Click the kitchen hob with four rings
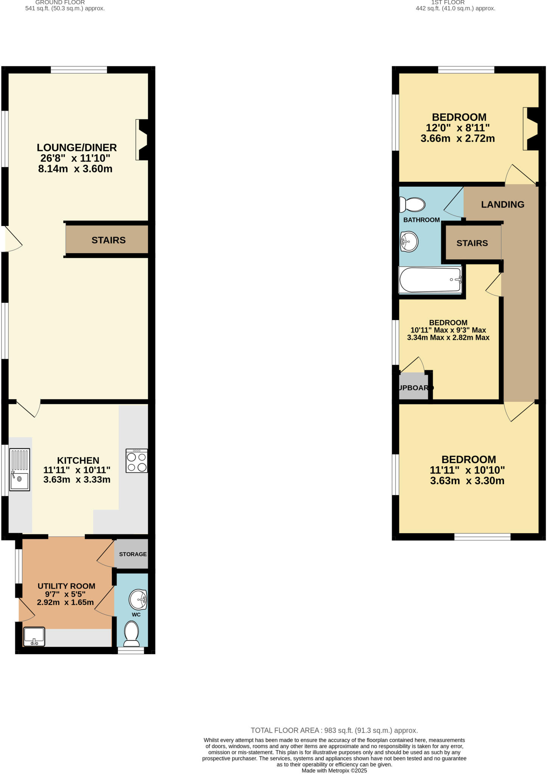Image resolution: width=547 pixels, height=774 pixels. click(137, 461)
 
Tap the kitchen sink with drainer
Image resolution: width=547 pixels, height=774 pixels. click(19, 469)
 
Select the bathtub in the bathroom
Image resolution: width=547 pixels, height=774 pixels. click(430, 280)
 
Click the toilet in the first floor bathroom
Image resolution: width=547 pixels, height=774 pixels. click(412, 205)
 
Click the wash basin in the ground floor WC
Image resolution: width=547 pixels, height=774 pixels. click(138, 599)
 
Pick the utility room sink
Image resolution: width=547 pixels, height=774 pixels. click(34, 637)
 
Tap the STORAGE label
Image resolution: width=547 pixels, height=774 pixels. click(133, 554)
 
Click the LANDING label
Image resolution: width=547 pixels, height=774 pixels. click(502, 204)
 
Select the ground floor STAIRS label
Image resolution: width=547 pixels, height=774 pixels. click(109, 240)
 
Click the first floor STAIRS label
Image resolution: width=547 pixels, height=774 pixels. click(472, 243)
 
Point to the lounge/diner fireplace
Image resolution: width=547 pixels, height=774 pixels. click(142, 140)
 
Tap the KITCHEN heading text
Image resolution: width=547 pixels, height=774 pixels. click(78, 460)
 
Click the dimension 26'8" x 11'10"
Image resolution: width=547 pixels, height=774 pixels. click(75, 158)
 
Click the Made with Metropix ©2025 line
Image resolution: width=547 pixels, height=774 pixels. click(334, 771)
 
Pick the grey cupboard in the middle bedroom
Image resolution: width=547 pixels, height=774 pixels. click(414, 387)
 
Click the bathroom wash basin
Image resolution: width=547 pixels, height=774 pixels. click(409, 241)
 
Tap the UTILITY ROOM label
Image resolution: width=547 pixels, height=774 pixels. click(66, 586)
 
